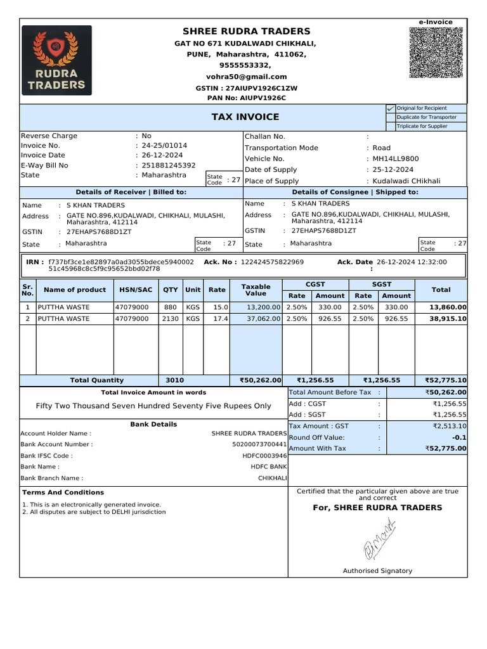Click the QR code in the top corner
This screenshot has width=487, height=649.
pyautogui.click(x=436, y=53)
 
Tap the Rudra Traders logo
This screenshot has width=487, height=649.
pyautogui.click(x=56, y=60)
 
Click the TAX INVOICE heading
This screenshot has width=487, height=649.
pyautogui.click(x=245, y=117)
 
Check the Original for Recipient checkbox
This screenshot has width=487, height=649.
pyautogui.click(x=390, y=108)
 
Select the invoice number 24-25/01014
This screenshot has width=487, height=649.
pyautogui.click(x=164, y=145)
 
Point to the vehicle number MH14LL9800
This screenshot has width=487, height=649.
pyautogui.click(x=396, y=158)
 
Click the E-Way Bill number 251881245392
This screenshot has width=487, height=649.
pyautogui.click(x=169, y=165)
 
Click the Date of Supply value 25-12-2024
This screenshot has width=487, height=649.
pyautogui.click(x=393, y=170)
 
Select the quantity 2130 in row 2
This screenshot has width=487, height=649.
pyautogui.click(x=170, y=319)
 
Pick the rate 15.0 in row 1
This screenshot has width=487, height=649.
pyautogui.click(x=220, y=307)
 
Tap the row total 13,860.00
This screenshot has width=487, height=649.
pyautogui.click(x=447, y=307)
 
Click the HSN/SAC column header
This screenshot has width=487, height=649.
pyautogui.click(x=136, y=290)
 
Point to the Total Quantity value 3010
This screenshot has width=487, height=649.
pyautogui.click(x=174, y=380)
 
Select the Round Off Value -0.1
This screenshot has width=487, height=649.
pyautogui.click(x=459, y=437)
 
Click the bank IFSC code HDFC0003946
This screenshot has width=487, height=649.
pyautogui.click(x=264, y=456)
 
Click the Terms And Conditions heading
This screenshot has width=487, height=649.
pyautogui.click(x=63, y=492)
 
